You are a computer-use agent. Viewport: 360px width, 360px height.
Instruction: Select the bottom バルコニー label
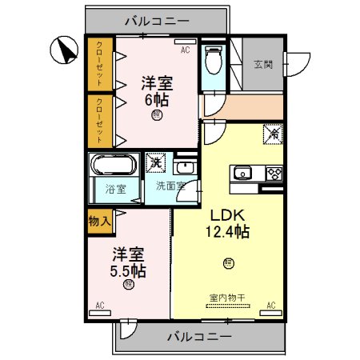click(199, 336)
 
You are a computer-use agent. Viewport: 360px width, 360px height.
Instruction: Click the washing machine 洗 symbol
click(155, 161)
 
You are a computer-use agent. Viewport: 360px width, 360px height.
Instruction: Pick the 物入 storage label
click(99, 221)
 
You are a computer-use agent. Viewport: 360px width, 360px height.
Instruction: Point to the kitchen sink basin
click(242, 174)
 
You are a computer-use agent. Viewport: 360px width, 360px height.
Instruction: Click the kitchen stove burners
click(273, 173)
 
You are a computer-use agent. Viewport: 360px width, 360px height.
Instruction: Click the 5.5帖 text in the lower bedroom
click(128, 270)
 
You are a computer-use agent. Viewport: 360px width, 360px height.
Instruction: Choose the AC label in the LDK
click(270, 305)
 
